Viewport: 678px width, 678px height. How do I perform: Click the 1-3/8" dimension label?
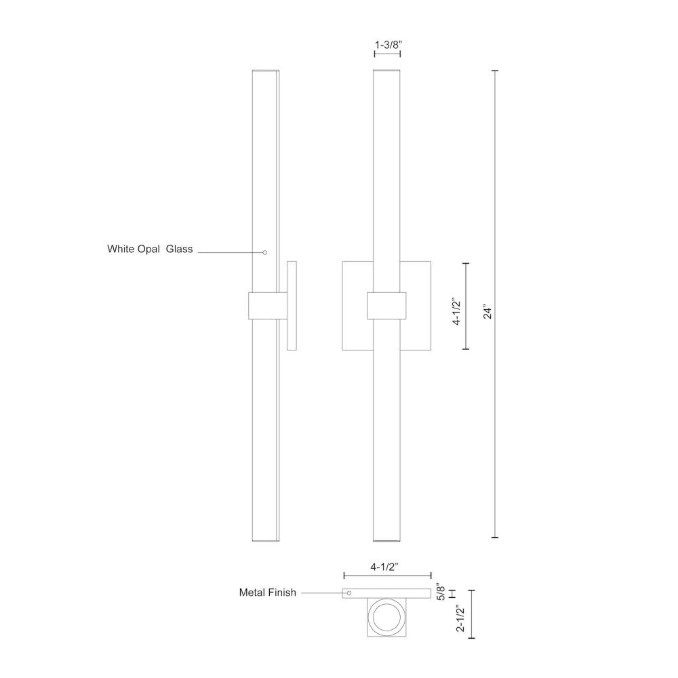(388, 45)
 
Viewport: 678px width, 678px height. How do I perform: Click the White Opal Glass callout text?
(150, 249)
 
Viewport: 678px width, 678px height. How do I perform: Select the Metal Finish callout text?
(267, 593)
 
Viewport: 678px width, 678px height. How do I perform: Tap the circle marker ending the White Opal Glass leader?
(265, 252)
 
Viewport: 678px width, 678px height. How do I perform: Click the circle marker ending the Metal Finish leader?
(349, 593)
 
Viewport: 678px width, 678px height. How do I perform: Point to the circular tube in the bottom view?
(386, 619)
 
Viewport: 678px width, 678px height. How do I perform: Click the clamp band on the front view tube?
(386, 306)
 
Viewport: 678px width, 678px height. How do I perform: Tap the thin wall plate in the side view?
(292, 305)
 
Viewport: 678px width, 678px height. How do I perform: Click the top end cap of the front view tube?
(386, 70)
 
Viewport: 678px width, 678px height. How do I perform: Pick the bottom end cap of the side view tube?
(265, 540)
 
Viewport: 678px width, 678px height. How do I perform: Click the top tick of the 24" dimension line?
(495, 71)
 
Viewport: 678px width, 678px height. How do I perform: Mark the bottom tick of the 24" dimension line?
(495, 538)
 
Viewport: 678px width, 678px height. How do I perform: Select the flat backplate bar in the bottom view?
(386, 593)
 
